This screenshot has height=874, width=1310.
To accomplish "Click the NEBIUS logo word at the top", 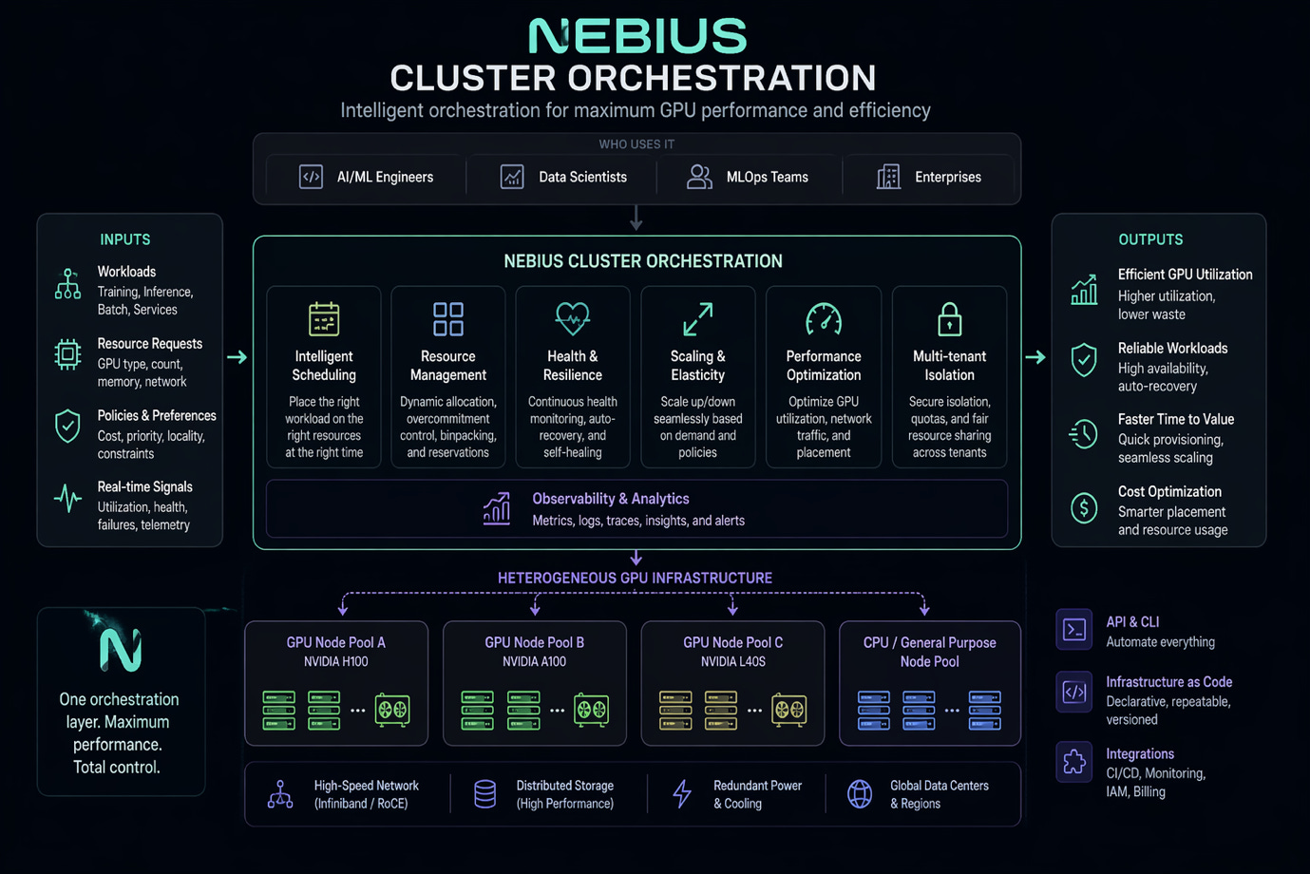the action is [637, 36].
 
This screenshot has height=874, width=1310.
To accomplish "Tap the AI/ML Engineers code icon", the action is [311, 177].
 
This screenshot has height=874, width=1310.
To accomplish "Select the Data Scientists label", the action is [582, 177].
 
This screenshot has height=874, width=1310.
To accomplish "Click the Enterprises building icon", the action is [888, 177].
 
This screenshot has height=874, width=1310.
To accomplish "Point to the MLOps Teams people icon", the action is [699, 177].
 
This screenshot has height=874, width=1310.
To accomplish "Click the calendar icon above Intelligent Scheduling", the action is [324, 319].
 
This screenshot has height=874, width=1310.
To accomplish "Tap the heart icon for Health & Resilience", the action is [573, 318].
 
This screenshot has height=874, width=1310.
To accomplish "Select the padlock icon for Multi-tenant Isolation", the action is [949, 319].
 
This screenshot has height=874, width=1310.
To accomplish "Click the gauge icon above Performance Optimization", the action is [824, 319].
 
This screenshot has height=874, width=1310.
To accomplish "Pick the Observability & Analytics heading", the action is [611, 499].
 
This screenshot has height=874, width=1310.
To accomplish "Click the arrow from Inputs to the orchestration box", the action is [237, 357].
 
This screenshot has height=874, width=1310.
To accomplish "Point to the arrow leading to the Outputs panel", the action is [1035, 357].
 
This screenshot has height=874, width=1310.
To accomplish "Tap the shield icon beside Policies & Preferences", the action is [67, 426].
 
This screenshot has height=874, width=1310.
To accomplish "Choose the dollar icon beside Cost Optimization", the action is [1084, 508].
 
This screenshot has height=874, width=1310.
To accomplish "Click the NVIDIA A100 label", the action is [534, 662].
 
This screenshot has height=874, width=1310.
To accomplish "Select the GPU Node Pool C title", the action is [732, 643].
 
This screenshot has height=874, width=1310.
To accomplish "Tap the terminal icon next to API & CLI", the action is [1074, 630].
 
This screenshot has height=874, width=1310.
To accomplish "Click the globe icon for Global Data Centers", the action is [860, 793].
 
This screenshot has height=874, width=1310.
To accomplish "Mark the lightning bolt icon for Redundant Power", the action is [682, 793].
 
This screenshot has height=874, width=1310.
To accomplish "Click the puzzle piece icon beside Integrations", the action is [1074, 762].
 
